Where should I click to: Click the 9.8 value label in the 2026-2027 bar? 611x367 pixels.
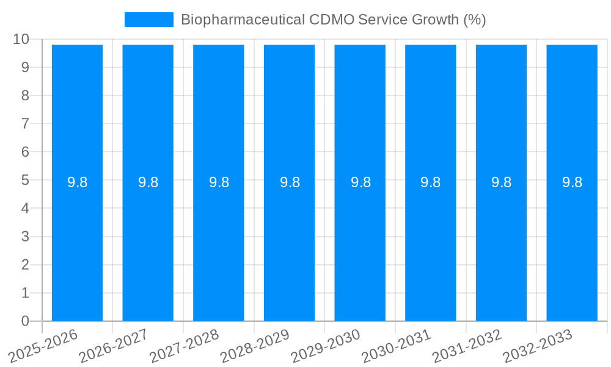[x=148, y=182]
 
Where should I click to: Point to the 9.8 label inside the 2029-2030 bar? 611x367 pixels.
[x=360, y=182]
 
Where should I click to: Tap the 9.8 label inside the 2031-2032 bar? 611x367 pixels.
[x=501, y=182]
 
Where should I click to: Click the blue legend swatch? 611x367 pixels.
[x=148, y=20]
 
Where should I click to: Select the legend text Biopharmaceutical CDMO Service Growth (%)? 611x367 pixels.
[x=333, y=20]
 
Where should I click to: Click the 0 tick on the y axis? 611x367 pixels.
[x=25, y=321]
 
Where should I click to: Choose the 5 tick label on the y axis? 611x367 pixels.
[x=25, y=180]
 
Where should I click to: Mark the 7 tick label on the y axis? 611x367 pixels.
[x=25, y=124]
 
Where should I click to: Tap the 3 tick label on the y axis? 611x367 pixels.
[x=25, y=237]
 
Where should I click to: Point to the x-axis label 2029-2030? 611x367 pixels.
[x=326, y=345]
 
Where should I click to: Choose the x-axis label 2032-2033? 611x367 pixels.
[x=538, y=345]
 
